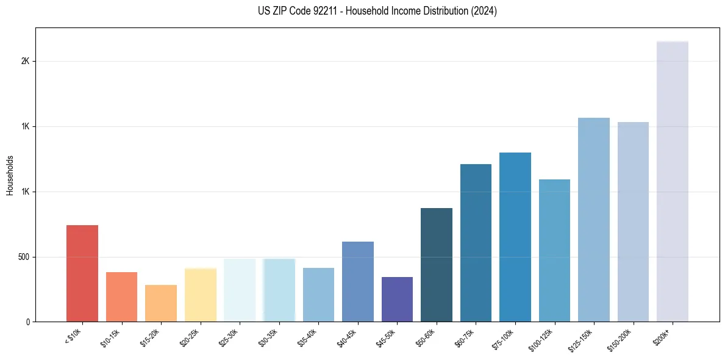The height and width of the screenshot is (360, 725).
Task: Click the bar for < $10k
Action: [82, 273]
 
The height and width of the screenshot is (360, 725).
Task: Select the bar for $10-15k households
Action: [121, 297]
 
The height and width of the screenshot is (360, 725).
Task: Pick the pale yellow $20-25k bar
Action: [201, 295]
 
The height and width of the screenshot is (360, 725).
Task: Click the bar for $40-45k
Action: [358, 281]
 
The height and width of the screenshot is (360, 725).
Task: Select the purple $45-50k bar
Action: [397, 299]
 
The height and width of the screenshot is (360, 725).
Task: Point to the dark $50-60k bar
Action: [437, 265]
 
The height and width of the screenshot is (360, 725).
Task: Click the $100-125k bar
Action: [554, 250]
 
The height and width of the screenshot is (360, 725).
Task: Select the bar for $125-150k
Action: [594, 220]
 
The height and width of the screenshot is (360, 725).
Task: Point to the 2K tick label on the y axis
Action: [25, 62]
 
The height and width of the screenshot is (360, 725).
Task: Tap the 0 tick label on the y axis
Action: [28, 322]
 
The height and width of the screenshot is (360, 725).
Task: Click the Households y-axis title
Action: [10, 175]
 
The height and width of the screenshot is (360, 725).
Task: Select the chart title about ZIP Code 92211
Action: [377, 11]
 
